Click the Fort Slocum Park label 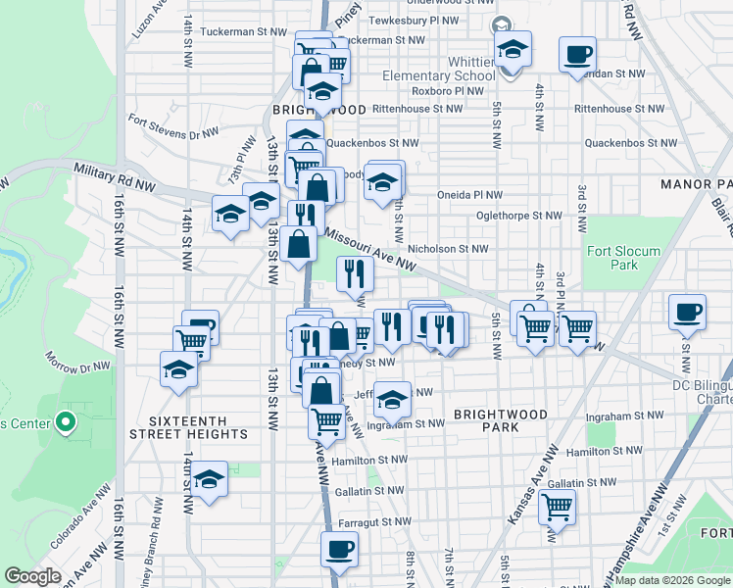pos(623,258)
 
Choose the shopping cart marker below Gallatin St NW pos(557,508)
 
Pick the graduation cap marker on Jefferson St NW pos(392,398)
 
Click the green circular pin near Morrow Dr pos(66,423)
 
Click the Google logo pos(34,576)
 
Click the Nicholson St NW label pos(447,249)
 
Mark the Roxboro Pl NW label pos(448,91)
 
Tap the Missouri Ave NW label pos(371,251)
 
